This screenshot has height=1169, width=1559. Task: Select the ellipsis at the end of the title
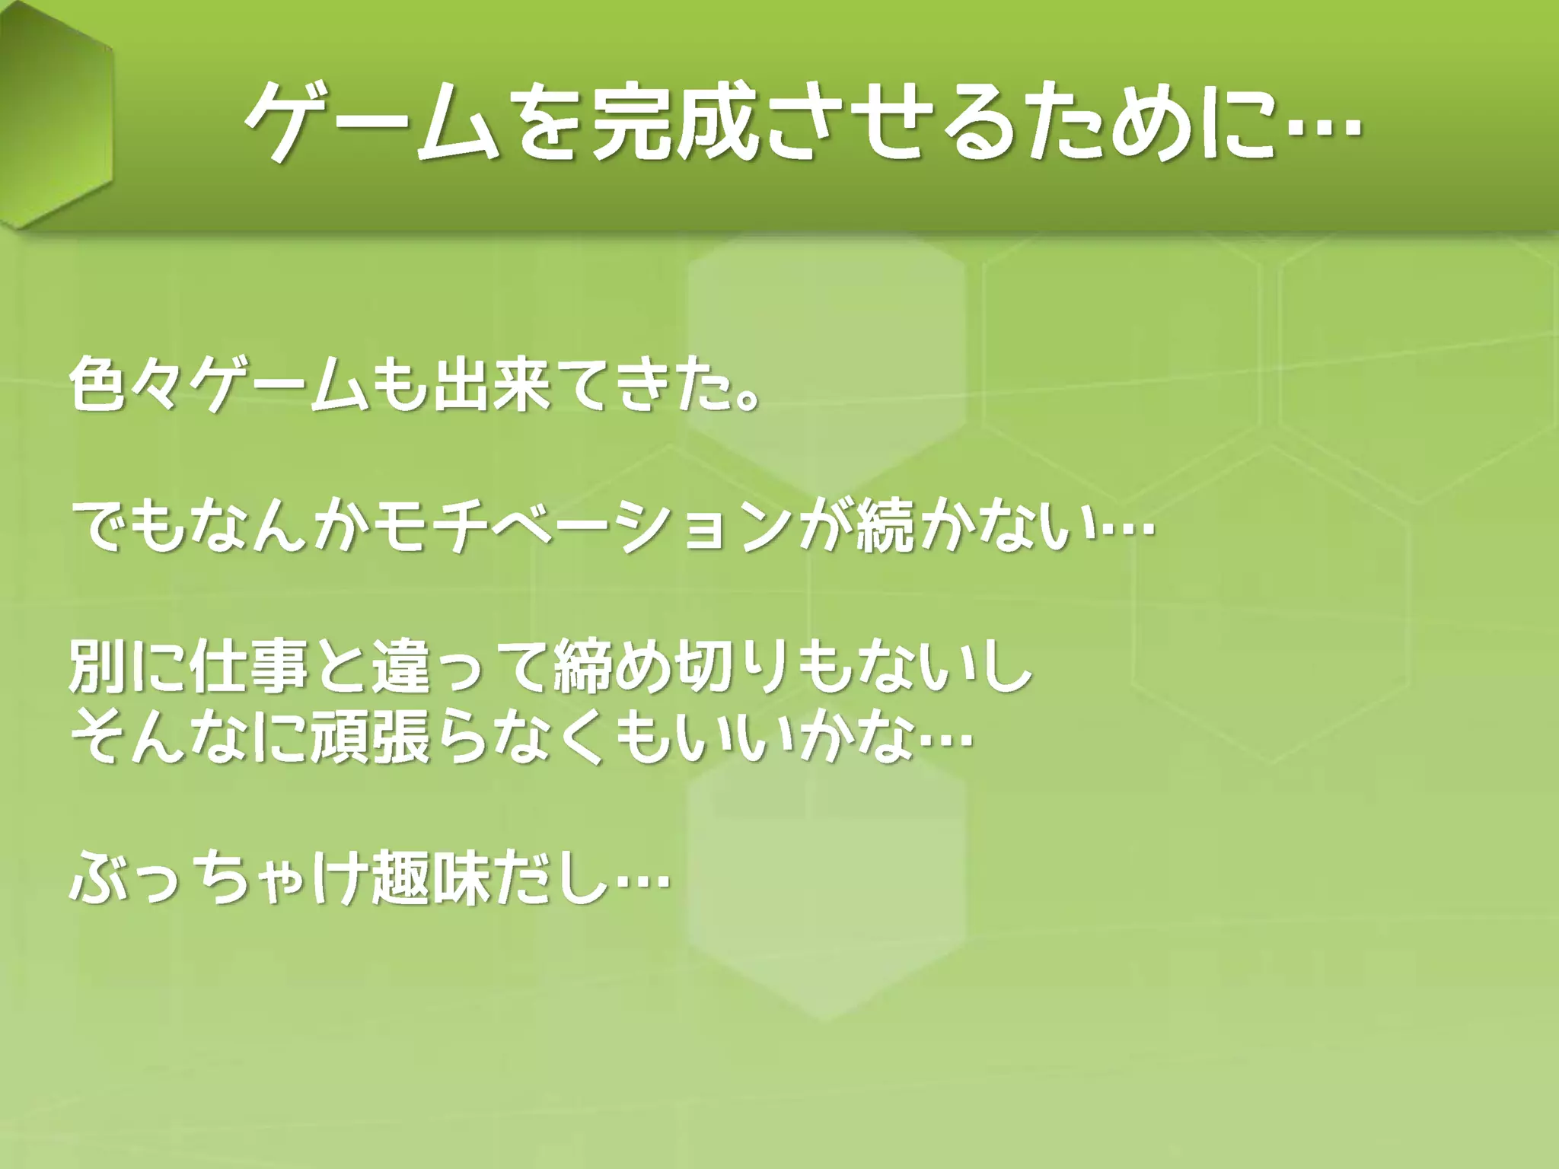pyautogui.click(x=1325, y=126)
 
